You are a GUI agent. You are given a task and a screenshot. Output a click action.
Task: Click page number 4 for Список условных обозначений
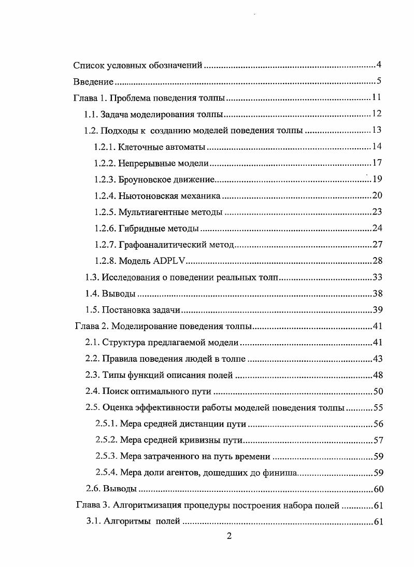379,65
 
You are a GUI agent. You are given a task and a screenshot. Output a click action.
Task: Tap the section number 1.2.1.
105,147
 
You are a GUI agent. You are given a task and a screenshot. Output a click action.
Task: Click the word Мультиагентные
150,212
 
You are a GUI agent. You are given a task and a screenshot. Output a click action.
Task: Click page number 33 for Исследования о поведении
377,277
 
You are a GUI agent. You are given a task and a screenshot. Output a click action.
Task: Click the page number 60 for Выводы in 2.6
378,489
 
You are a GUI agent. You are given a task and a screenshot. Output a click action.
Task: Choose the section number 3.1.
93,521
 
